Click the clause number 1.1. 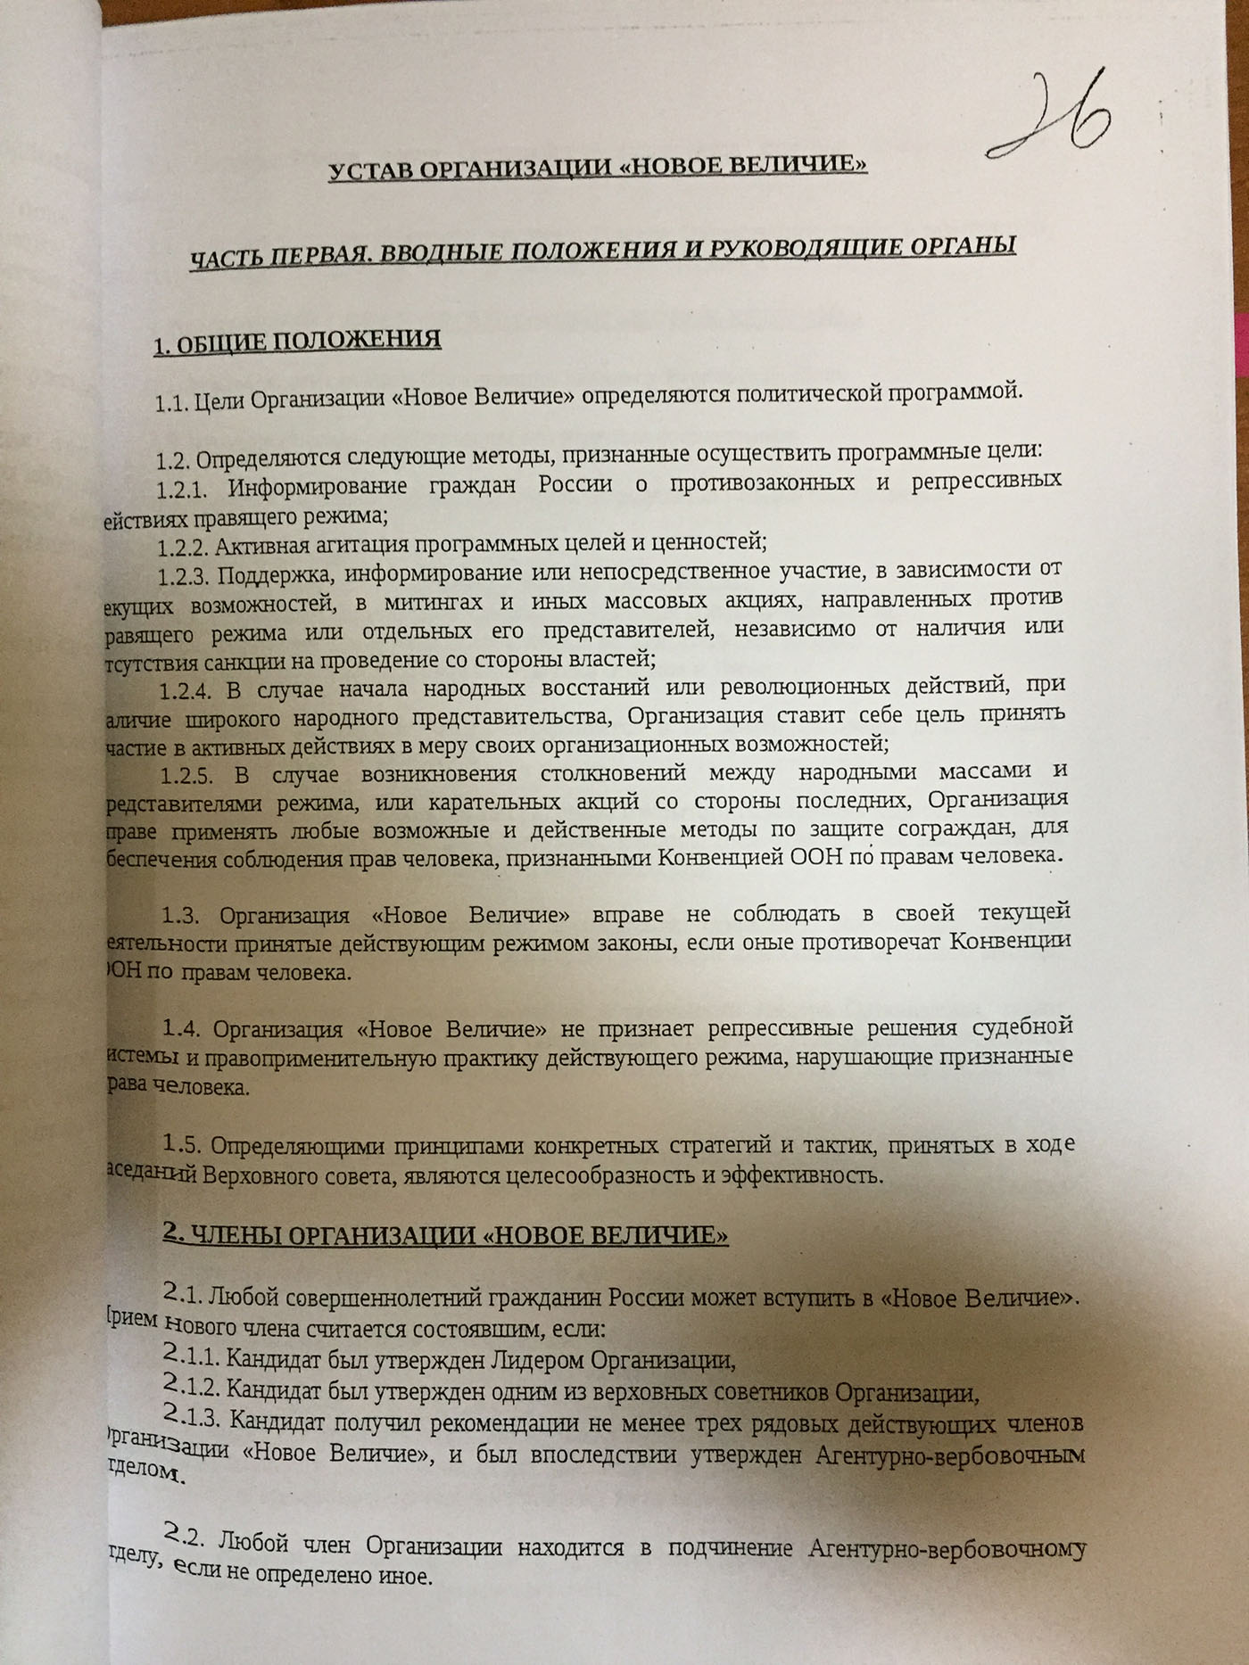pyautogui.click(x=171, y=403)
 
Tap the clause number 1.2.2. pyautogui.click(x=184, y=546)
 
